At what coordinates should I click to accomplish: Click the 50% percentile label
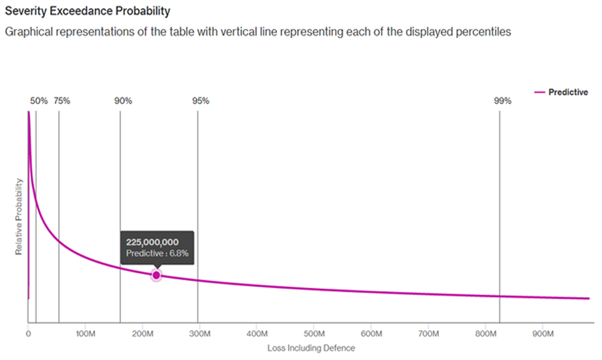39,101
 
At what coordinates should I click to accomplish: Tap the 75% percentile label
62,101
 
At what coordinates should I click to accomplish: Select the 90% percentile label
123,101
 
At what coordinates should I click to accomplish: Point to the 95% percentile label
201,101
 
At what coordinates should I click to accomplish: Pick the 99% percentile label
502,101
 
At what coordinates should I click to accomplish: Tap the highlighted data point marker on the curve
156,275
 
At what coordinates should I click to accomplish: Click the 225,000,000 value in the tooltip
153,242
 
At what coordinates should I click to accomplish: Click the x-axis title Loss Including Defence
311,348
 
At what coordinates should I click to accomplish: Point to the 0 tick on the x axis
28,333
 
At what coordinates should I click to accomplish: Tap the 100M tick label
85,333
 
